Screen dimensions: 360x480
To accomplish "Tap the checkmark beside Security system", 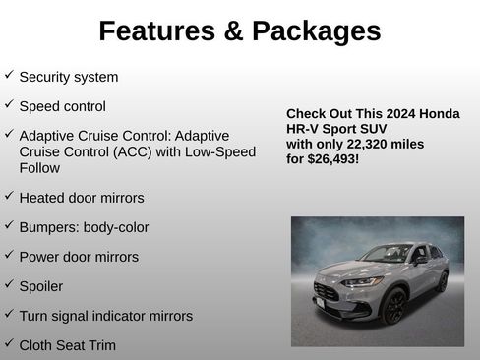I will point(9,75).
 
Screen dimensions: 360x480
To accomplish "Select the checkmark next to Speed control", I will point(9,104).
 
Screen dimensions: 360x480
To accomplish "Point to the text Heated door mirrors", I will point(82,198).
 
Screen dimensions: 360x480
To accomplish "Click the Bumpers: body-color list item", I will point(84,227).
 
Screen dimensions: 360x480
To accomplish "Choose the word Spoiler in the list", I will point(41,286).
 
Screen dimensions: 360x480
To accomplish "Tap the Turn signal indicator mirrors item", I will point(105,316).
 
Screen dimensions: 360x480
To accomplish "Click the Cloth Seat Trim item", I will point(67,345).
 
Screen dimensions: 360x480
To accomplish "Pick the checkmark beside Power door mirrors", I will point(9,256).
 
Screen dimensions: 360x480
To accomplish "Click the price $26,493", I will point(331,158).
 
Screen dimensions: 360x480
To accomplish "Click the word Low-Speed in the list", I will point(222,152).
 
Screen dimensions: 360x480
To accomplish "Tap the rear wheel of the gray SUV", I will point(443,281).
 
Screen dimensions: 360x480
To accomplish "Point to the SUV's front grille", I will point(327,292).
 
